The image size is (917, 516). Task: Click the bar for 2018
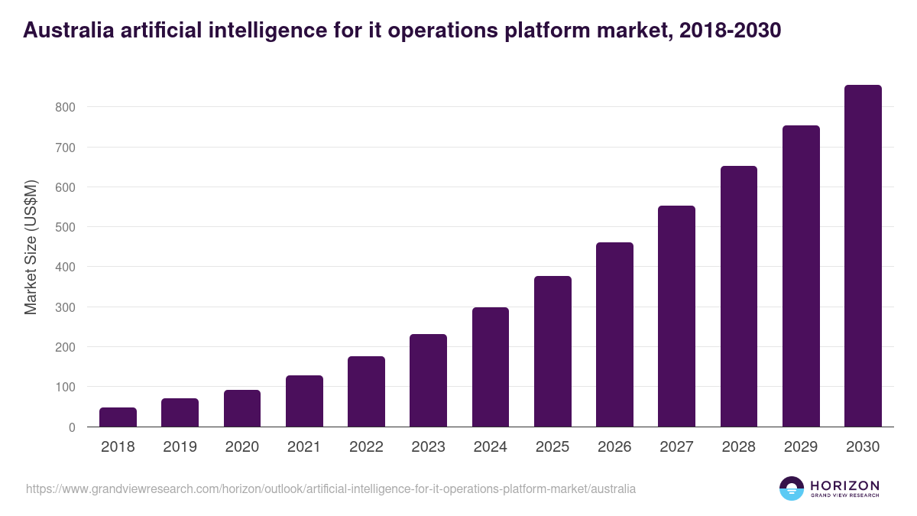(x=118, y=417)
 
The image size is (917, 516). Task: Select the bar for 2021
(x=304, y=401)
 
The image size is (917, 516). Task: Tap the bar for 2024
(x=490, y=367)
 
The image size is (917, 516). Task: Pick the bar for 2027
(x=676, y=316)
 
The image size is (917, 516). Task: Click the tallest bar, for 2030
(x=863, y=256)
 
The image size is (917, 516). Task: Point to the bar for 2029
(x=801, y=276)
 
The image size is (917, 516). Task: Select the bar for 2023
(x=428, y=381)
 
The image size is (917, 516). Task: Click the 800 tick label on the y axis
(x=65, y=108)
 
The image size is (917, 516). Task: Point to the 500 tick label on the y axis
(x=65, y=228)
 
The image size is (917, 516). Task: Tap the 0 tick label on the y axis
(x=72, y=427)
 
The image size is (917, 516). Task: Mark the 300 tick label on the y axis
(x=65, y=307)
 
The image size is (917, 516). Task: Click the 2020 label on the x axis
(x=241, y=447)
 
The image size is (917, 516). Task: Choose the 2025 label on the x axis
(x=552, y=447)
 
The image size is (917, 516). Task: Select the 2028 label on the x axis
(x=738, y=447)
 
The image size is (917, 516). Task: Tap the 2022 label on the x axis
(x=366, y=447)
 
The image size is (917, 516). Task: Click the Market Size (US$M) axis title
(x=31, y=247)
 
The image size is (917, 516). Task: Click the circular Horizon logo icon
(x=792, y=488)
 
